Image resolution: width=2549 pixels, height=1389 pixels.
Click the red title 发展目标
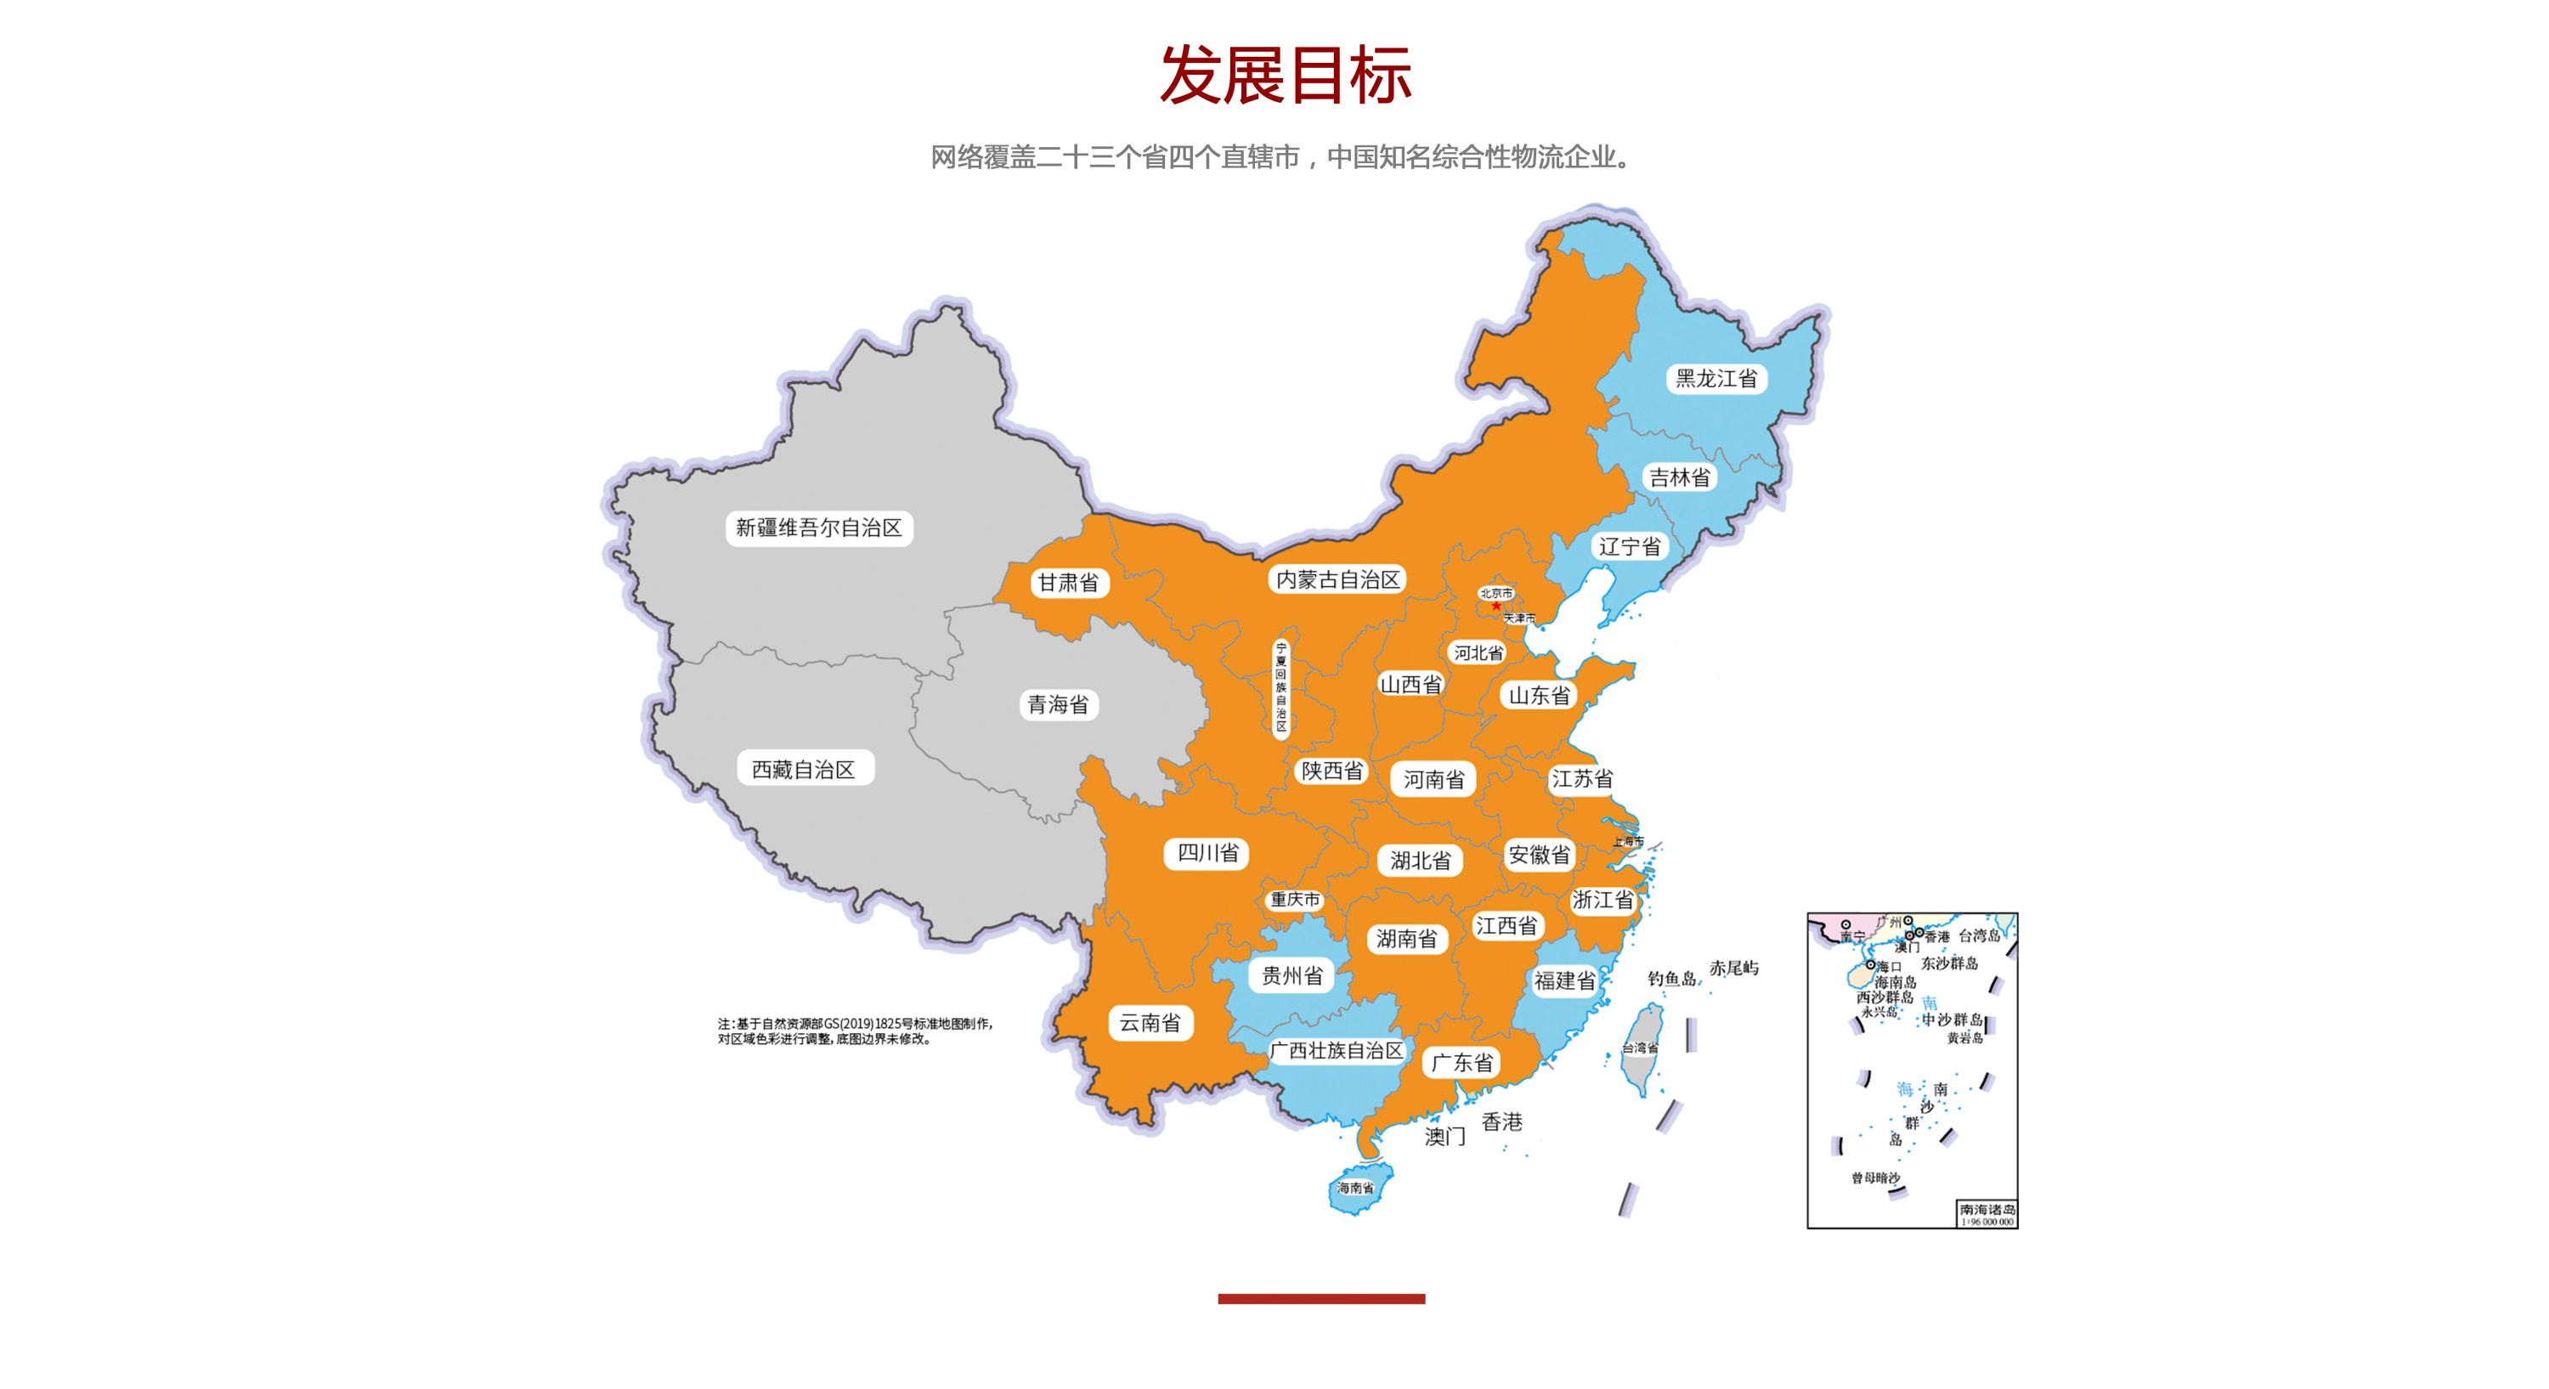[1285, 76]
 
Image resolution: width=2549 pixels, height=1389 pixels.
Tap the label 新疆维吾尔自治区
[818, 528]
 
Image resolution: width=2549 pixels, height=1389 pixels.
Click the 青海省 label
[1058, 704]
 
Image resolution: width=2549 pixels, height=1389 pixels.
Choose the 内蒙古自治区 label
[1338, 579]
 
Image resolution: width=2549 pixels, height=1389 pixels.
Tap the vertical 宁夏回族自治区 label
[1280, 686]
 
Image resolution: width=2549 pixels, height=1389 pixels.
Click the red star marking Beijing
[1496, 606]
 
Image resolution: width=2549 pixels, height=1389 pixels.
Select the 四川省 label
[1207, 853]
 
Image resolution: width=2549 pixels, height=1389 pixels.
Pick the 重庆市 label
[1295, 900]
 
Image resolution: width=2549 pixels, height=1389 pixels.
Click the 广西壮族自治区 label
[1337, 1051]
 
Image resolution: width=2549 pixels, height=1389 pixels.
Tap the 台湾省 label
[1640, 1047]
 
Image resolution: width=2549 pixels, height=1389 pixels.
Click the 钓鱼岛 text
[1671, 979]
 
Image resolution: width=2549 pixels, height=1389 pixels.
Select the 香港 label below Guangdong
[1501, 1122]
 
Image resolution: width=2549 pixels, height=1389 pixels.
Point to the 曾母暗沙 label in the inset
[1875, 1178]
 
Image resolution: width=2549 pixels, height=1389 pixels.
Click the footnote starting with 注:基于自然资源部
[855, 1030]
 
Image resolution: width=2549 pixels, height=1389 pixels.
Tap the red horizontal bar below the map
[1321, 1299]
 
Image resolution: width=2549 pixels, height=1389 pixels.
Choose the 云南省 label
[1150, 1023]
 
